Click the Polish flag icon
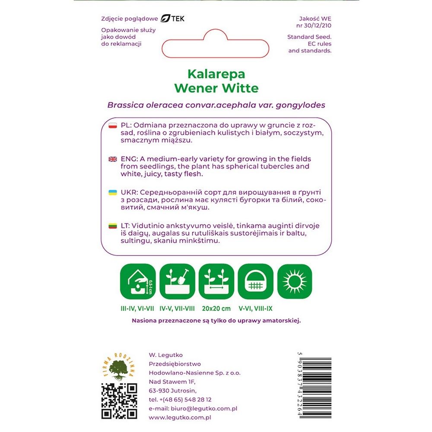[x=113, y=125]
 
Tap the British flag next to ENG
[x=113, y=159]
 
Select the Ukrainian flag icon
[x=113, y=192]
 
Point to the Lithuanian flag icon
[x=113, y=226]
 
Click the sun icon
[x=295, y=281]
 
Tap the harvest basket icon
[x=256, y=281]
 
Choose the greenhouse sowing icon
[x=138, y=281]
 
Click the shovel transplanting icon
[x=177, y=281]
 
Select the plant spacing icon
[x=216, y=281]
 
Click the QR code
[x=119, y=401]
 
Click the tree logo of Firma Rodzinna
[x=119, y=368]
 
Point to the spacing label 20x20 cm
[x=216, y=309]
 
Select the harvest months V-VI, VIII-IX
[x=256, y=309]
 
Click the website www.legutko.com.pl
[x=179, y=418]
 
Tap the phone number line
[x=180, y=400]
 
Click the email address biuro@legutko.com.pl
[x=193, y=409]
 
